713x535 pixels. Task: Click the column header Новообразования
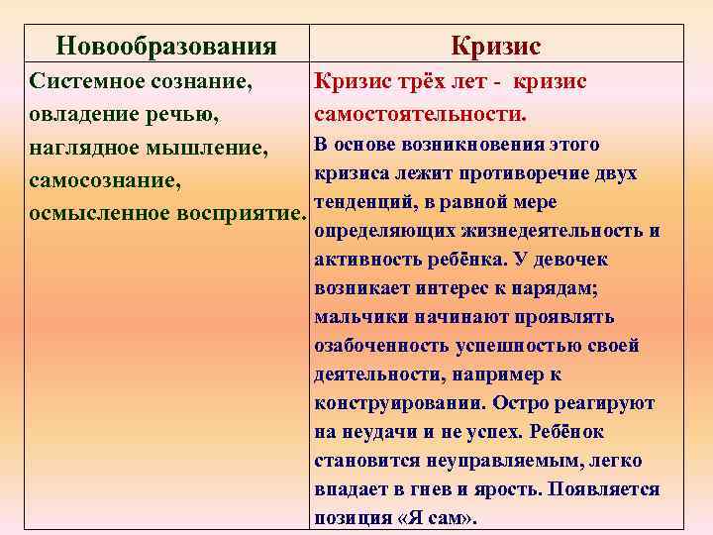165,46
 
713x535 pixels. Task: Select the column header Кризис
495,46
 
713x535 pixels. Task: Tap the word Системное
83,81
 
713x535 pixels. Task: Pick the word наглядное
83,148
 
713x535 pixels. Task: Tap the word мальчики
356,317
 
